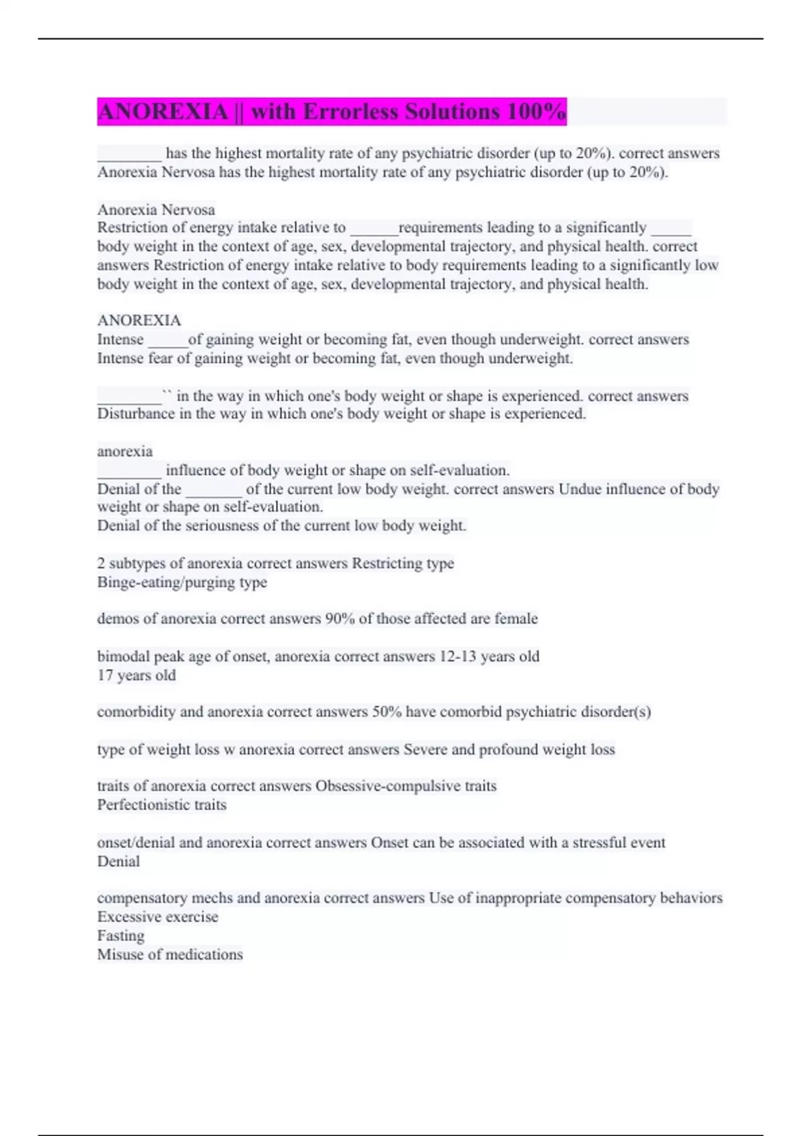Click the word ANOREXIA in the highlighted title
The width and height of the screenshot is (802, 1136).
162,112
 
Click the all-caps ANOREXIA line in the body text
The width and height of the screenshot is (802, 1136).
139,321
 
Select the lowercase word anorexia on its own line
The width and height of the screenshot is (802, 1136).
125,452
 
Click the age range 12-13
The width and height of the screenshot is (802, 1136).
457,657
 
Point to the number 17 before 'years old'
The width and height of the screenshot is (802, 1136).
105,676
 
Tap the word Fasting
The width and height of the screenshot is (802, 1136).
121,936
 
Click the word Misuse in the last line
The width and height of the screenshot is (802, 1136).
118,955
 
